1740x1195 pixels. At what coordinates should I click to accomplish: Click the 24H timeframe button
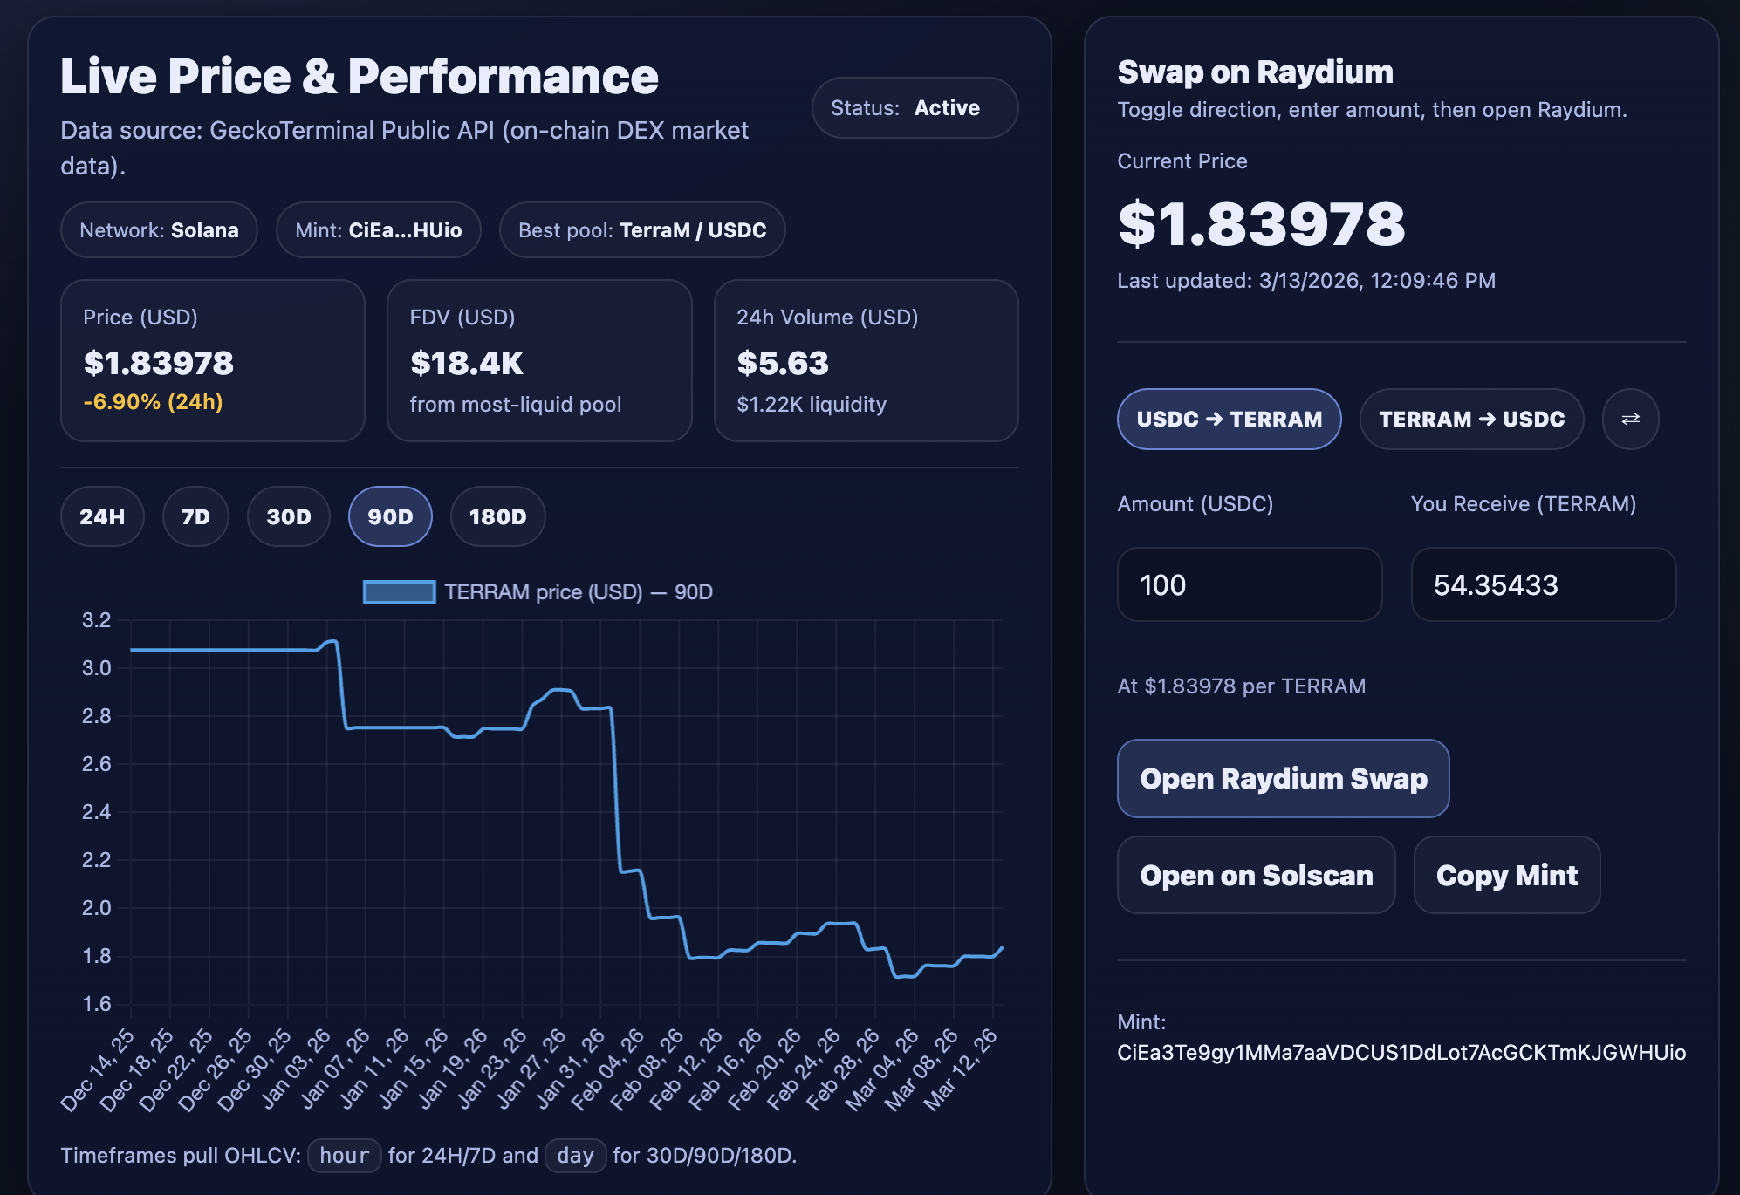tap(102, 516)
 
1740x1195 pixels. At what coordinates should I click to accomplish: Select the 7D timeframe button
tap(195, 516)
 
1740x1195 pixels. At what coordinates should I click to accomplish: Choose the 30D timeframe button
tap(289, 516)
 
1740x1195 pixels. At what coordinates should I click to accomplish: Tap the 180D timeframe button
tap(497, 516)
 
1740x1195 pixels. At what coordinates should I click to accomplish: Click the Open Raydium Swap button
tap(1283, 778)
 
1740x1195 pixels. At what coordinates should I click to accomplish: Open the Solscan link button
tap(1256, 875)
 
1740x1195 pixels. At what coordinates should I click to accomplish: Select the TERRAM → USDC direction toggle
tap(1471, 419)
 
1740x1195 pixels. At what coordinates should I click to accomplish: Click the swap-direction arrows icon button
tap(1630, 419)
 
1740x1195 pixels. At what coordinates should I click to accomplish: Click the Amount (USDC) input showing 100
tap(1249, 584)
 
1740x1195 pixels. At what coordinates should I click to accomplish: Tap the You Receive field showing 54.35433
tap(1543, 584)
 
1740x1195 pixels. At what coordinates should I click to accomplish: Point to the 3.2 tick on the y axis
tap(96, 620)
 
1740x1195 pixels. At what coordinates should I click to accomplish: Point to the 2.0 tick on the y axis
tap(96, 908)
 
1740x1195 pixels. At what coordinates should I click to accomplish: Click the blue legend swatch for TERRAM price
tap(399, 592)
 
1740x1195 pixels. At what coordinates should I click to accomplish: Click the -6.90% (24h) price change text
tap(153, 402)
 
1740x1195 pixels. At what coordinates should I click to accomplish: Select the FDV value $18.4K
tap(467, 363)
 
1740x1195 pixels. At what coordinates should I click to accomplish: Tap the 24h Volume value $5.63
tap(783, 363)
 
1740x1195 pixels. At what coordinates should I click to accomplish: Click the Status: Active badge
tap(915, 108)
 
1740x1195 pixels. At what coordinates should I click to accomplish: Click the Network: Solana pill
tap(159, 230)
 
